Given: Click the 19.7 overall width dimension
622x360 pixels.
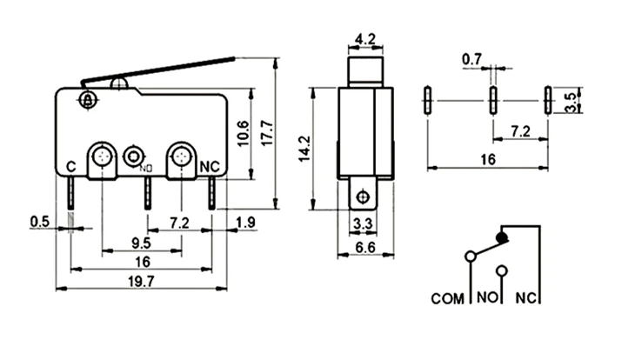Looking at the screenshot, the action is click(141, 282).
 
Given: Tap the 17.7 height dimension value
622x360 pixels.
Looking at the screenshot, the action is click(268, 133).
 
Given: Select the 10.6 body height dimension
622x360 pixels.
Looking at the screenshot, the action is click(244, 133).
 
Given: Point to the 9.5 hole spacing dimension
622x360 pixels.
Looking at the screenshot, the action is click(141, 243).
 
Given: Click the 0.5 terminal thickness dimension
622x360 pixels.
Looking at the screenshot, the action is click(40, 222).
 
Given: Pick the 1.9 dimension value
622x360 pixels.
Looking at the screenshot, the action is click(245, 223).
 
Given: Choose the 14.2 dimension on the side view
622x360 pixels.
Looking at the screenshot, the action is click(304, 149).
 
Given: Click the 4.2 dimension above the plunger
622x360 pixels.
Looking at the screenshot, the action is click(365, 39).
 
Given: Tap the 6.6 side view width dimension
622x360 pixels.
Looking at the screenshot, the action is click(365, 248).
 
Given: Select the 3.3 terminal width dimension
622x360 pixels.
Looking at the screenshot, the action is click(363, 223).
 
